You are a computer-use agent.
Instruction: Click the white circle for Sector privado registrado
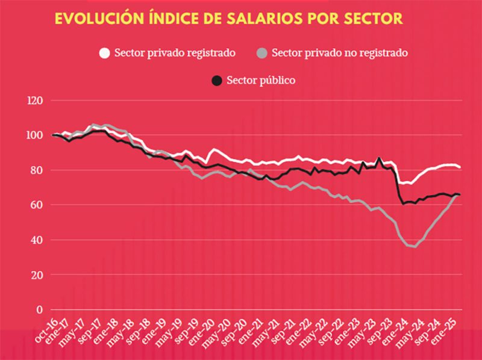104,53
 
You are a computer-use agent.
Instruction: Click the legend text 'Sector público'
261,80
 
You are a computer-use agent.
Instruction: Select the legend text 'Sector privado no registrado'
340,53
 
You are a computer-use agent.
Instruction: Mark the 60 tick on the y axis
39,205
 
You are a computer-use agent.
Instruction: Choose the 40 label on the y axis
39,240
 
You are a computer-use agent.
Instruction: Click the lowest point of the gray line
415,246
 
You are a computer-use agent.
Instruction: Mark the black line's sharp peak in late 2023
379,158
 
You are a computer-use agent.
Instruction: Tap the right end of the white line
460,167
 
